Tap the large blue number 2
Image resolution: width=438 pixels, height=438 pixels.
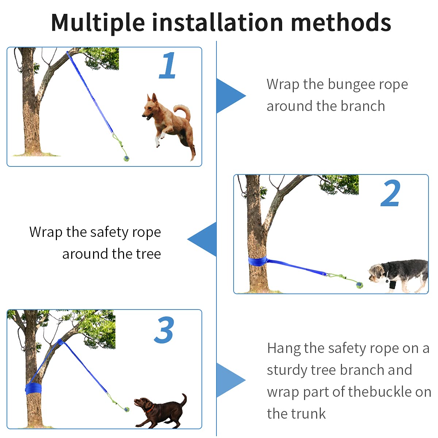point(390,193)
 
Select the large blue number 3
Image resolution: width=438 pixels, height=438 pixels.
point(164,330)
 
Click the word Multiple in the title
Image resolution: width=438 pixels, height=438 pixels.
point(98,23)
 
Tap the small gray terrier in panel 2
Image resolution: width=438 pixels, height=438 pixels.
point(398,276)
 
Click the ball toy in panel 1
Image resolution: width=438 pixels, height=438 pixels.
point(126,158)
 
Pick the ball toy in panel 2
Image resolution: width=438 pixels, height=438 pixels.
point(360,285)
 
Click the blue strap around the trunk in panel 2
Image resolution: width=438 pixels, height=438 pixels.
point(257,261)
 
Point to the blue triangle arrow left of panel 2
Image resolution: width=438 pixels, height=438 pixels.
point(202,239)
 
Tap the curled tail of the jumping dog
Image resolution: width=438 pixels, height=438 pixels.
point(182,111)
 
